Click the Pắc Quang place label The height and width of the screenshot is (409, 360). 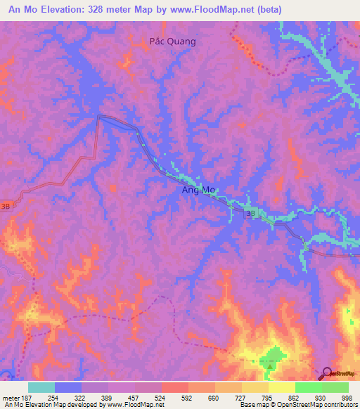tap(173, 41)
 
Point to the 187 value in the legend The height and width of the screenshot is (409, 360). tap(26, 396)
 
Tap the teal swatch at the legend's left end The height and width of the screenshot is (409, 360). tap(41, 387)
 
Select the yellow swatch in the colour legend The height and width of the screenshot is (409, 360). tap(281, 387)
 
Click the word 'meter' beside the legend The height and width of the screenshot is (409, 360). tap(9, 396)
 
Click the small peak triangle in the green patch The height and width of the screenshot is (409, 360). tap(269, 365)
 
